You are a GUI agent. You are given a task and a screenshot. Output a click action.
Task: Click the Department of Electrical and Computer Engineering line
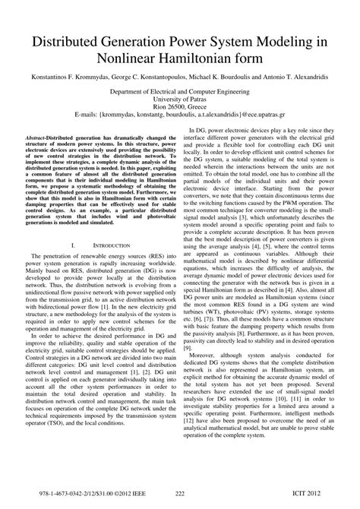click(x=179, y=89)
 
